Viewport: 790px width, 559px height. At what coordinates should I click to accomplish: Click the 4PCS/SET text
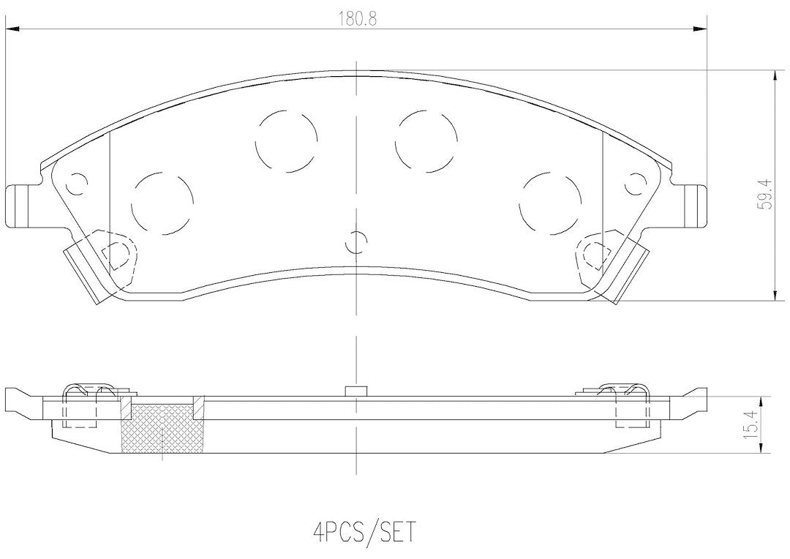(x=364, y=532)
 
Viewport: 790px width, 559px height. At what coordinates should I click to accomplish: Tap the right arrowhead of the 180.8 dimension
(x=700, y=29)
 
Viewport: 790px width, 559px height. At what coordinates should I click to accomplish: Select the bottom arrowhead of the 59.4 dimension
(x=774, y=294)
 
